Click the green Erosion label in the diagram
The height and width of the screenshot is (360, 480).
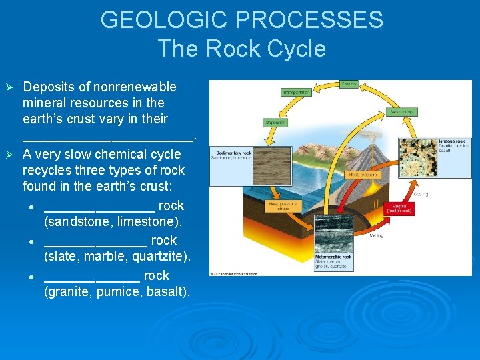point(349,84)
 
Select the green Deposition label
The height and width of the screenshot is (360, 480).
point(275,123)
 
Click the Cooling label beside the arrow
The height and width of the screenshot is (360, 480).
point(421,194)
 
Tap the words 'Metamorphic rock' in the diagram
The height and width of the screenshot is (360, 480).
point(333,257)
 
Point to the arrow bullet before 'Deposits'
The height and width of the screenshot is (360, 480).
point(9,87)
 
